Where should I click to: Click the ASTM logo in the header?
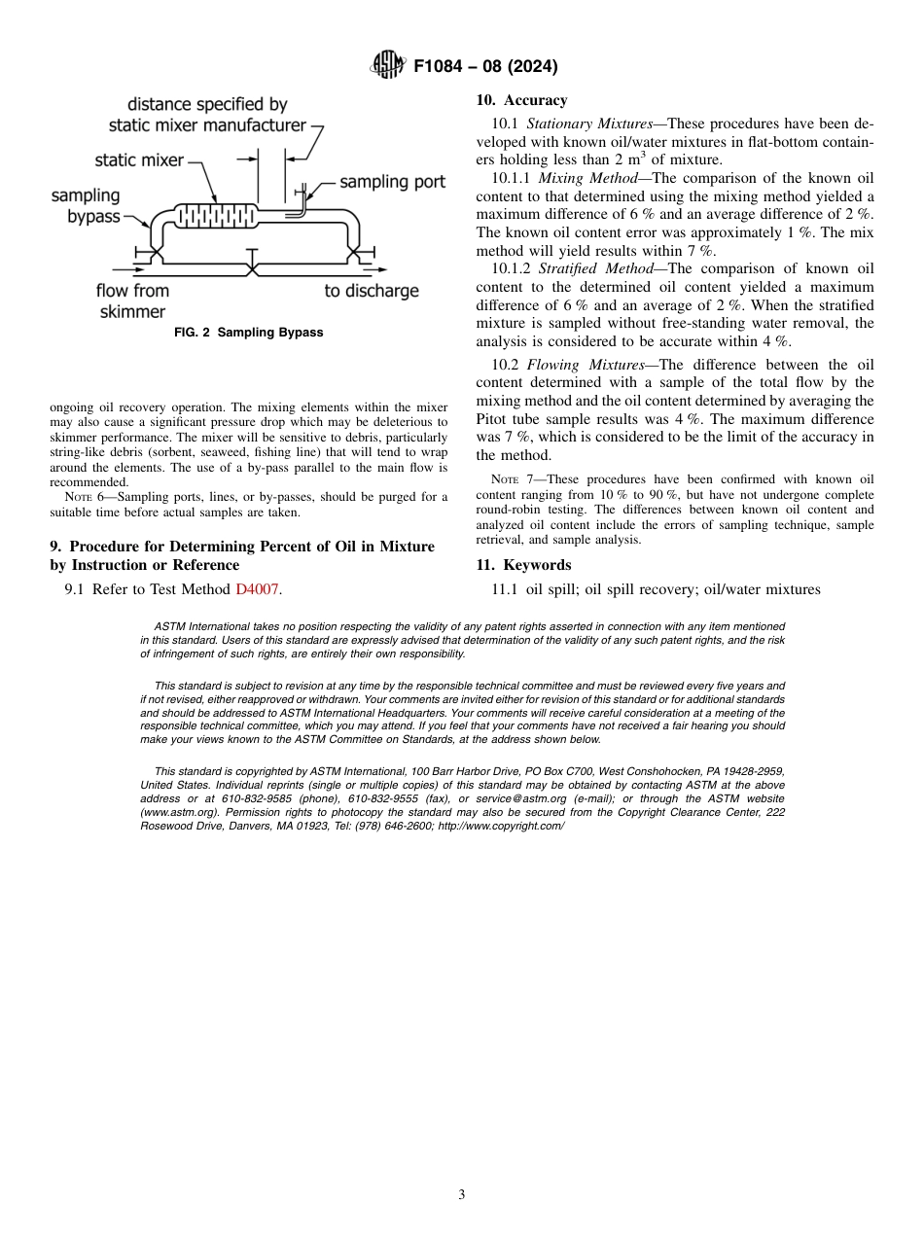[x=389, y=67]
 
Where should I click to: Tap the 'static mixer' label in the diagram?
[x=139, y=160]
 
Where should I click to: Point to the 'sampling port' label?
[x=392, y=182]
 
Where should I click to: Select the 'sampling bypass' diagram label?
[x=86, y=206]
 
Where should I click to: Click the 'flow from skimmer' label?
[x=132, y=301]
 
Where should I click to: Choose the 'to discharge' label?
[x=372, y=291]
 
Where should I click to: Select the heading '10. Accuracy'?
[x=521, y=100]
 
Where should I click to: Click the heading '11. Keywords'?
[x=523, y=565]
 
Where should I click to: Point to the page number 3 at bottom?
[x=461, y=1194]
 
